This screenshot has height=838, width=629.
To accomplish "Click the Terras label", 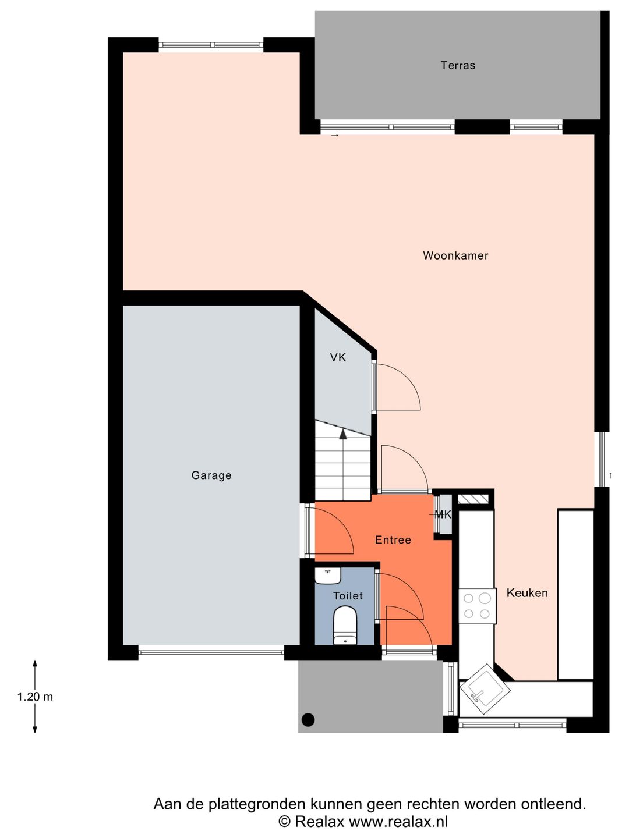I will [458, 65].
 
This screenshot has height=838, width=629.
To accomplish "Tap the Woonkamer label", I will [455, 255].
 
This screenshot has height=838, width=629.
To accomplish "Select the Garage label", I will [211, 475].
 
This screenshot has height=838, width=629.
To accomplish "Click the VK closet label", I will [338, 357].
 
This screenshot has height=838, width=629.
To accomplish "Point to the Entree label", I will [393, 540].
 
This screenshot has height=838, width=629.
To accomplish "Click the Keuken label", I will [527, 593].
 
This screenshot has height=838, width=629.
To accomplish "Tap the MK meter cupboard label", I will [443, 514].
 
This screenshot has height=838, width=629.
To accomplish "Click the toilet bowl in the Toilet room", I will [345, 626].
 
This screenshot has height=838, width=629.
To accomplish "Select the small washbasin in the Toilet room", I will [327, 576].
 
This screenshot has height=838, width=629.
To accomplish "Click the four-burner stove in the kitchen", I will [477, 606].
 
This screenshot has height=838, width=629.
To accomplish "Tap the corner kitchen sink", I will [485, 689].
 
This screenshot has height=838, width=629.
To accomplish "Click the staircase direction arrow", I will [343, 434].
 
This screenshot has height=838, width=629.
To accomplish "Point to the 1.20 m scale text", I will [35, 697].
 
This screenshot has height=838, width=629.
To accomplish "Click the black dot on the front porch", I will [308, 720].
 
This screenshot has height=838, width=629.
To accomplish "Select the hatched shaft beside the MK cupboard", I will [472, 499].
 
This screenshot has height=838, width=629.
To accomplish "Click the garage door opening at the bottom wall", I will [211, 652].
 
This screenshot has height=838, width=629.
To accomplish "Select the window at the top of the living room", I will [211, 45].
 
